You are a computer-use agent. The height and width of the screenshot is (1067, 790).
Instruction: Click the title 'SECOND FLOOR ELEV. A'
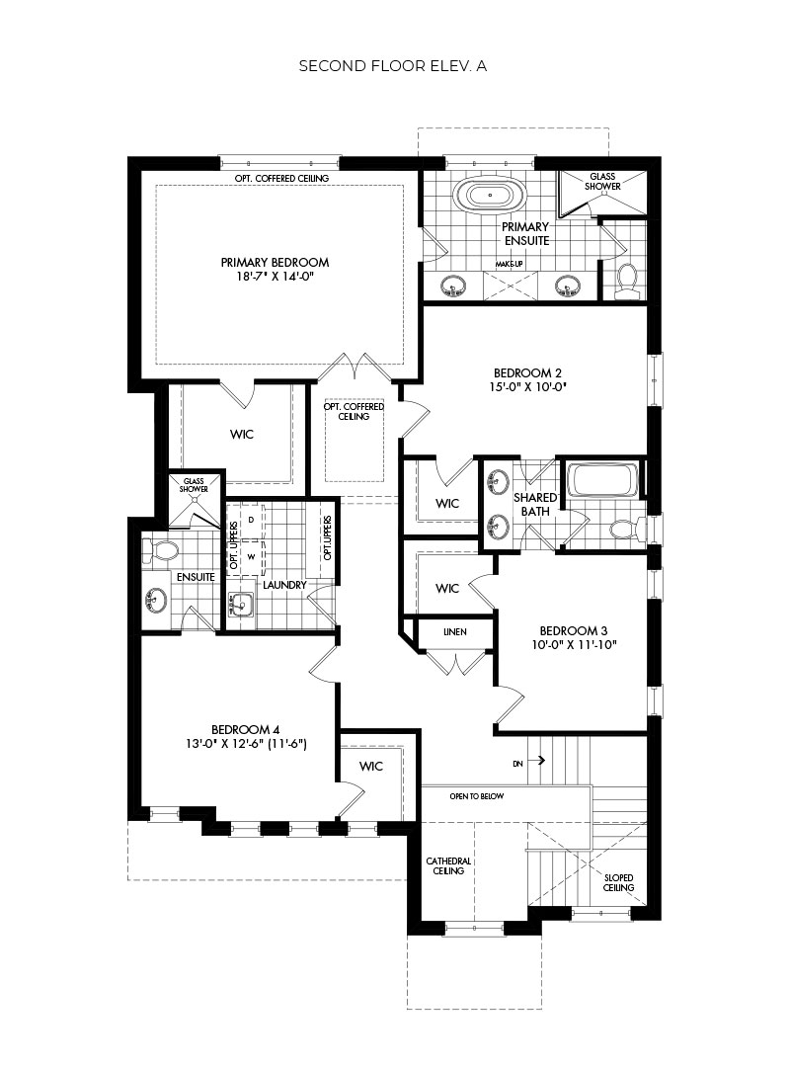tap(394, 66)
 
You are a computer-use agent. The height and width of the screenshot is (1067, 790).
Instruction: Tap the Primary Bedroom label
tap(275, 263)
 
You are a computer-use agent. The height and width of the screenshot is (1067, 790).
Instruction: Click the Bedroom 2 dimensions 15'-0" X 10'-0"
tap(527, 388)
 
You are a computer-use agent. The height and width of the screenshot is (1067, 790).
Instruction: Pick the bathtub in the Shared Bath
tap(601, 481)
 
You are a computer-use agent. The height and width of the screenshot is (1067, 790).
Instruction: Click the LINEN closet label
tap(454, 632)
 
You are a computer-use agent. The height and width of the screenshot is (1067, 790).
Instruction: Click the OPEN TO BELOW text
tap(476, 795)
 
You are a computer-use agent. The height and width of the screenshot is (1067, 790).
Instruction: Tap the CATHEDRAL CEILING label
tap(448, 865)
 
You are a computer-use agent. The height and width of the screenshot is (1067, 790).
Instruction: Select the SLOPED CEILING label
tap(618, 882)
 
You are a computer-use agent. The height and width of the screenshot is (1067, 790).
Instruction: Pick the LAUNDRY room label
tap(282, 585)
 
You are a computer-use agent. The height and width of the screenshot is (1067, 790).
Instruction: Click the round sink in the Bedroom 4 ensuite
tap(155, 600)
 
